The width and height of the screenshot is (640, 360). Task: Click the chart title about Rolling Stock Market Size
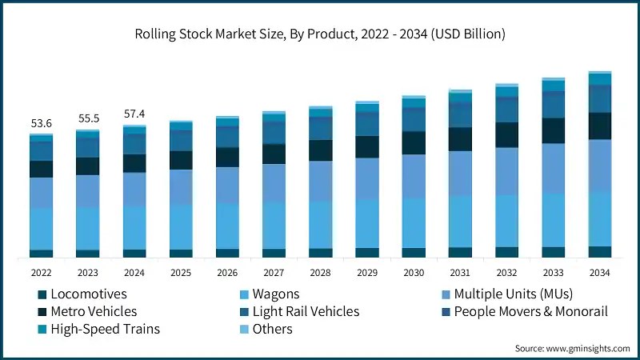pos(320,34)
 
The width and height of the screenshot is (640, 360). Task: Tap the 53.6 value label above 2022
pos(41,123)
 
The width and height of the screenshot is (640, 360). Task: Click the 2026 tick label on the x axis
pos(227,273)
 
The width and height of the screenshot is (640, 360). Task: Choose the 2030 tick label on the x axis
pos(414,273)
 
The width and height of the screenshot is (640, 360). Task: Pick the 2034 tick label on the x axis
pos(599,273)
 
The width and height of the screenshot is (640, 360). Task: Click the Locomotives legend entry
pos(88,294)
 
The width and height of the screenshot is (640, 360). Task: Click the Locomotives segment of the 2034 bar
pos(599,252)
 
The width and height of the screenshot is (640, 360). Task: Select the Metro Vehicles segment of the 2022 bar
pos(41,169)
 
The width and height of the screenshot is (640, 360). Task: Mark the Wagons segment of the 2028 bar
pos(320,224)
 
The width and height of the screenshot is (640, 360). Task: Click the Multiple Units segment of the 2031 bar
pos(460,173)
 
